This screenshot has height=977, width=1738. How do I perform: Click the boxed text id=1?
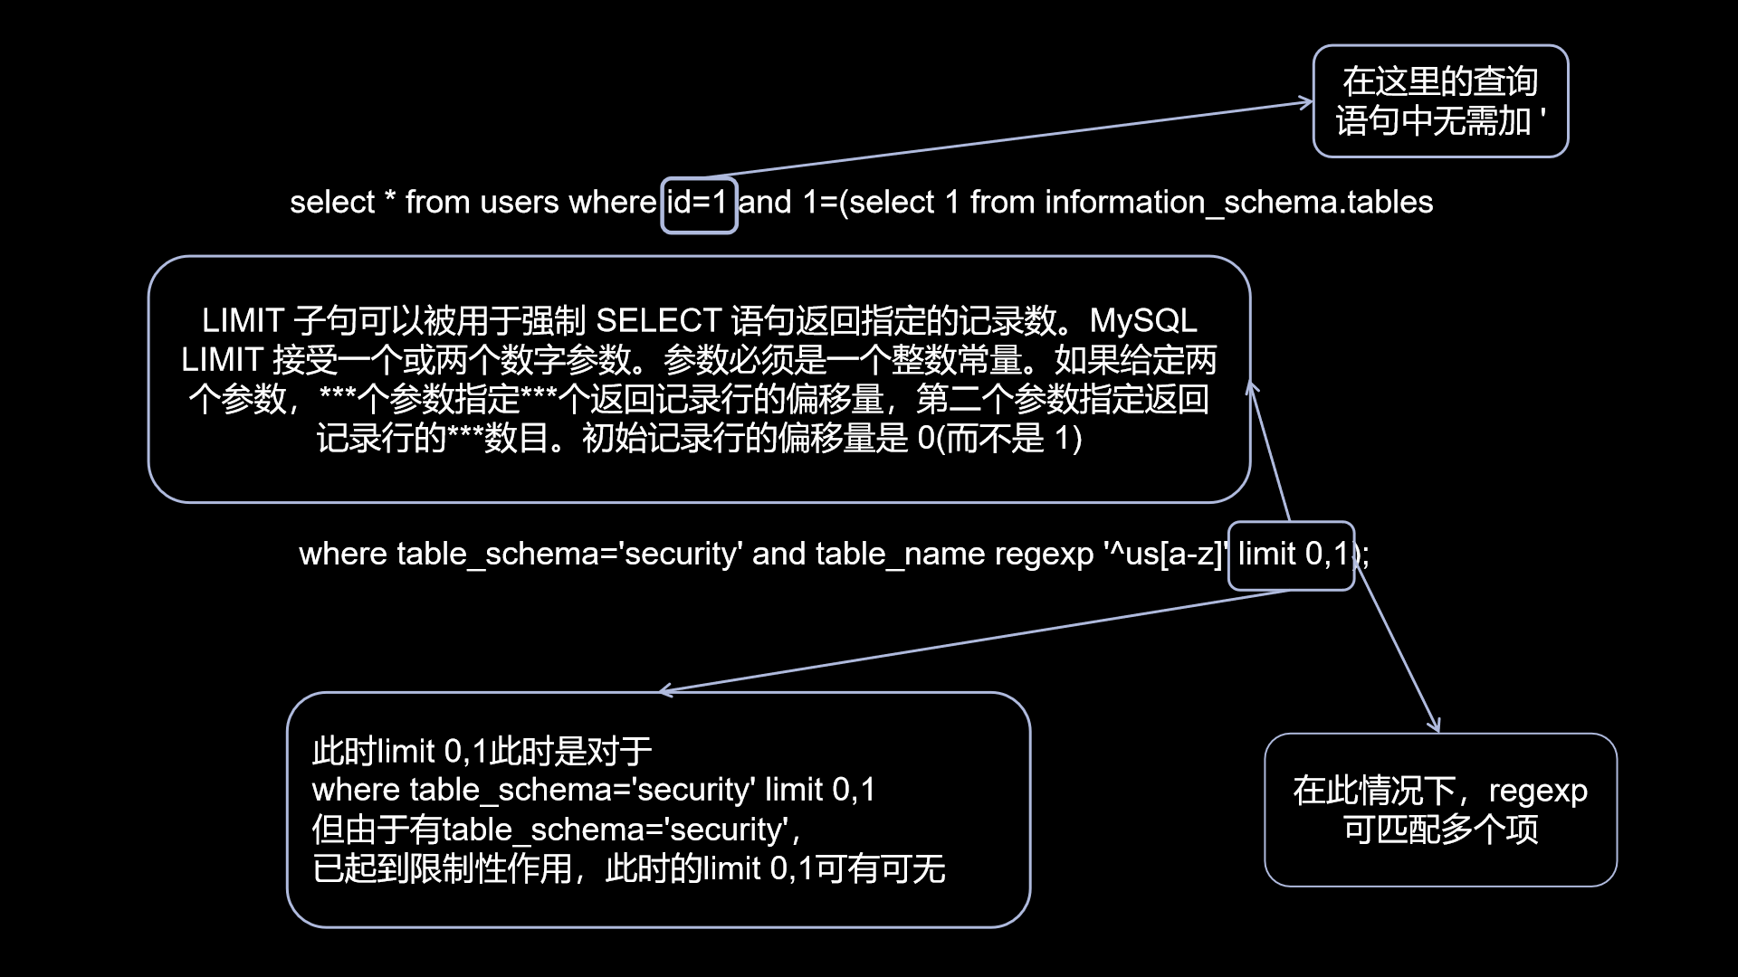tap(698, 203)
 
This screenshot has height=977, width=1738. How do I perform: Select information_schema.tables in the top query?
tap(1238, 203)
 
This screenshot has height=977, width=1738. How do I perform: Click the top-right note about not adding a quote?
tap(1440, 101)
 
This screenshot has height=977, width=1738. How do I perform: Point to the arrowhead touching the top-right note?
tap(1306, 102)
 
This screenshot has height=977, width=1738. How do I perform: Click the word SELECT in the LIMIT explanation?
tap(658, 321)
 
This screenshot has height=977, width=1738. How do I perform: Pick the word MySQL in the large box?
tap(1142, 321)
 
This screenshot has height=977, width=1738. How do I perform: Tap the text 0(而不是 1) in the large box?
tap(999, 439)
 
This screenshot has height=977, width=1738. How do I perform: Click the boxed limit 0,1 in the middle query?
tap(1292, 555)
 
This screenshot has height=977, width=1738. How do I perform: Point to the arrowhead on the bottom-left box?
tap(666, 691)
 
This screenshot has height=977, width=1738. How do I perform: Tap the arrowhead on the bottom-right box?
tap(1437, 726)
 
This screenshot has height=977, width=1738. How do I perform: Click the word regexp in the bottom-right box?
tap(1538, 791)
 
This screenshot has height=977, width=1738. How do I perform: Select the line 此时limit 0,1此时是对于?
tap(482, 751)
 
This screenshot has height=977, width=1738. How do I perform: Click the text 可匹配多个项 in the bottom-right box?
tap(1440, 830)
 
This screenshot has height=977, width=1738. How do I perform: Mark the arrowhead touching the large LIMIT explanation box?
tap(1252, 387)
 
